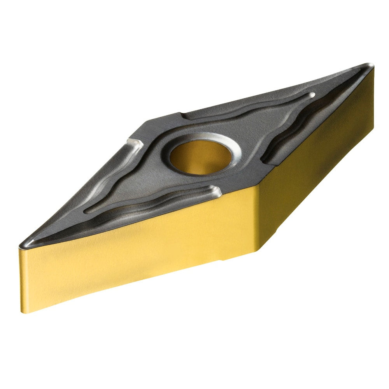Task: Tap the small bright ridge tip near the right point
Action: click(x=311, y=95)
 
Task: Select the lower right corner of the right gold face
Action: click(x=373, y=128)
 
